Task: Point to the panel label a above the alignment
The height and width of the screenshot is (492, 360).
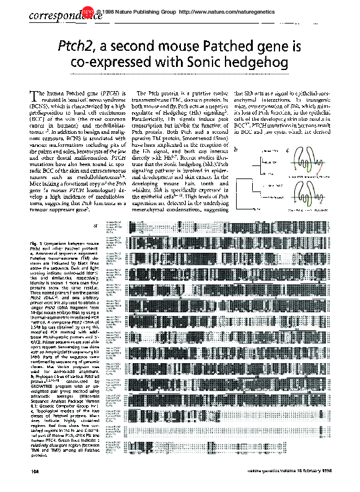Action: (94, 226)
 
